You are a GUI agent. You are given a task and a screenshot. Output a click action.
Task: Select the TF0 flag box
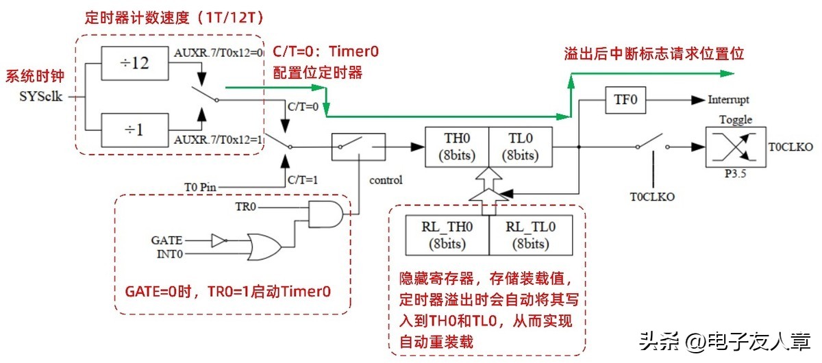tap(624, 100)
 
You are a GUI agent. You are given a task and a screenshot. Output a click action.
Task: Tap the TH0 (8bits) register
tap(456, 146)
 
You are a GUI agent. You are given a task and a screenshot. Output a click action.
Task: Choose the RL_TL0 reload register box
tap(530, 234)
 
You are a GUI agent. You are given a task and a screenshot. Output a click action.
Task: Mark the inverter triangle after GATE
tap(218, 240)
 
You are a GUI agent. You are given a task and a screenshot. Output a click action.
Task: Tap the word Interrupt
tap(729, 100)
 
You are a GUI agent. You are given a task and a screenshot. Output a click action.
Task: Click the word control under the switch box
tap(386, 181)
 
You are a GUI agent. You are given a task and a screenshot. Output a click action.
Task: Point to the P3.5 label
tap(734, 175)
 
